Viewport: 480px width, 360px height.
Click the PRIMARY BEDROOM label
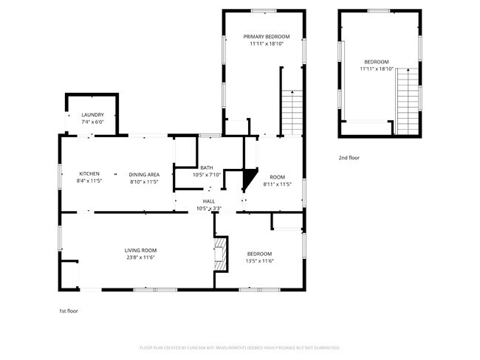[267, 36]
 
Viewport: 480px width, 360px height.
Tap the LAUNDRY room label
[92, 115]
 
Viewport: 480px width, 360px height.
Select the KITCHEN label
[89, 174]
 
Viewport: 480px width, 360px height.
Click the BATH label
[206, 168]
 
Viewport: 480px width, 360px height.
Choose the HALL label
[210, 201]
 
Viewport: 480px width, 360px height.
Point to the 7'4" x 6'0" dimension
[92, 122]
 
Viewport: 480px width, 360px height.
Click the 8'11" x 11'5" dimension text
[277, 184]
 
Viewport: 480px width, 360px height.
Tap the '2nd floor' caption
[349, 158]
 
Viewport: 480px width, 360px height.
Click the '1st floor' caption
[68, 311]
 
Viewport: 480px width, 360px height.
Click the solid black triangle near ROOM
[250, 179]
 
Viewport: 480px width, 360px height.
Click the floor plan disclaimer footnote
[239, 347]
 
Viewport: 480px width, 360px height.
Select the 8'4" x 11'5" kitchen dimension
[89, 181]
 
